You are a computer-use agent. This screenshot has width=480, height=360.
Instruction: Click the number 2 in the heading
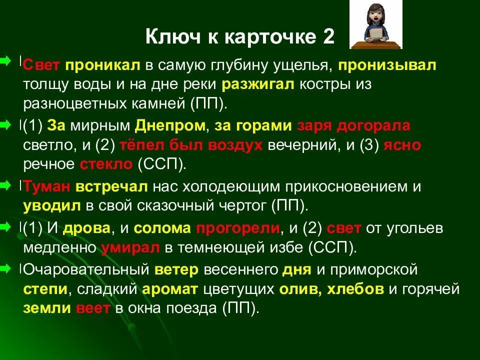(x=328, y=37)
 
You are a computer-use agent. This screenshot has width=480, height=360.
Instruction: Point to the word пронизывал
(x=387, y=65)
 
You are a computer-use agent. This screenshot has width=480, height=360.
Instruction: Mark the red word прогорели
(x=237, y=228)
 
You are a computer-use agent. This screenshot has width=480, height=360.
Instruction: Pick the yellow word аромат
(x=170, y=289)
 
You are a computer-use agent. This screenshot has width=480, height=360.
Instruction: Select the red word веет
(x=93, y=308)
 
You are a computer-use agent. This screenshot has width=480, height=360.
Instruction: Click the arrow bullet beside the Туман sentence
(x=5, y=186)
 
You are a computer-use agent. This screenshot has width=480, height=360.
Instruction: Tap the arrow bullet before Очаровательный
(x=5, y=269)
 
